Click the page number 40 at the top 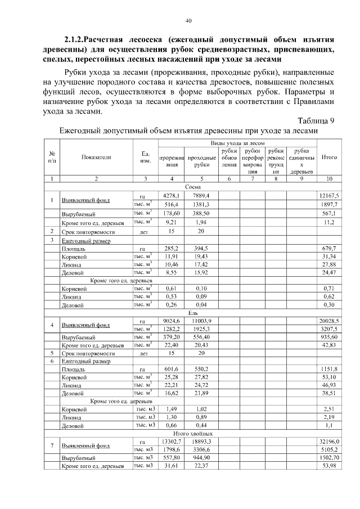click(x=189, y=21)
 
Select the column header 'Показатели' click(x=96, y=157)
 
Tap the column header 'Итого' click(x=328, y=157)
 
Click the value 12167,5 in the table click(x=329, y=195)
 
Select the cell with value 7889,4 click(x=202, y=195)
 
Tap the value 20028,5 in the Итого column click(x=329, y=321)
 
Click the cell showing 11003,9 click(x=202, y=321)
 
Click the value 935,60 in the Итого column click(x=328, y=337)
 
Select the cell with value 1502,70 click(x=328, y=458)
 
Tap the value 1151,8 click(x=329, y=370)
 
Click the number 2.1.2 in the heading click(x=74, y=40)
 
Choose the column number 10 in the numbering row click(x=328, y=179)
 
